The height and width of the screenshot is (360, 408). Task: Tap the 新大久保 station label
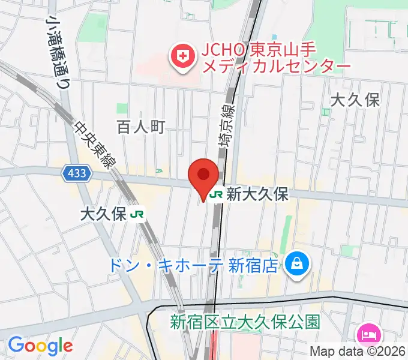259,194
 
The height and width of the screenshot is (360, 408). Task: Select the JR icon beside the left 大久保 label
139,214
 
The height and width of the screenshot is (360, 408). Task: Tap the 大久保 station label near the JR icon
103,214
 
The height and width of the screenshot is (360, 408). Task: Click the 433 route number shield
77,174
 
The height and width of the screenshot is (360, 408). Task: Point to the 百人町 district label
140,127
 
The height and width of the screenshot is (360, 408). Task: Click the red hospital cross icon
181,58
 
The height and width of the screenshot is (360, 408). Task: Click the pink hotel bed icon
367,333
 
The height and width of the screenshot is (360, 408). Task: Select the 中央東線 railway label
95,146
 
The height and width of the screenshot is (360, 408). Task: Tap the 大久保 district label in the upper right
356,100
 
